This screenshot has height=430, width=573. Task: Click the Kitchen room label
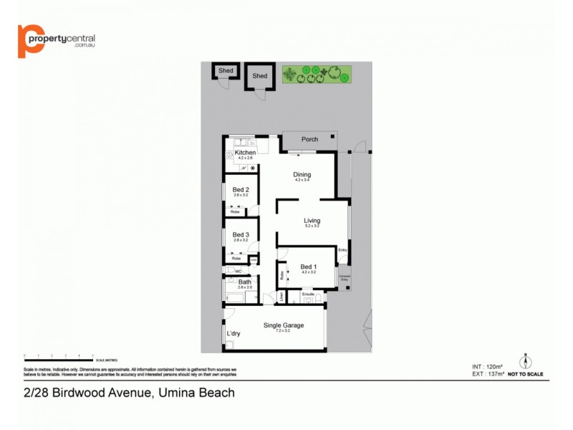[245, 153]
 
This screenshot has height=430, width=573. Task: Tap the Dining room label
[302, 175]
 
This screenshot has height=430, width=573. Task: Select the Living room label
[312, 221]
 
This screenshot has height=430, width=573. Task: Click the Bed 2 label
[241, 190]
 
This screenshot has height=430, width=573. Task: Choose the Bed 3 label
[241, 235]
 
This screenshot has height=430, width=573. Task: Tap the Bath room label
[245, 282]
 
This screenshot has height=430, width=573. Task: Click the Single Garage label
[284, 325]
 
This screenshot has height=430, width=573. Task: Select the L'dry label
[233, 334]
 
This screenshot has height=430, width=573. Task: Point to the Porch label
[309, 139]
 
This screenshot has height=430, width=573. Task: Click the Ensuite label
[309, 294]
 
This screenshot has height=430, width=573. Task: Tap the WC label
[239, 271]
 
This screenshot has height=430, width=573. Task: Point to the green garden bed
[314, 74]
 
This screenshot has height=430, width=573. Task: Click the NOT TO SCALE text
[526, 374]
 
